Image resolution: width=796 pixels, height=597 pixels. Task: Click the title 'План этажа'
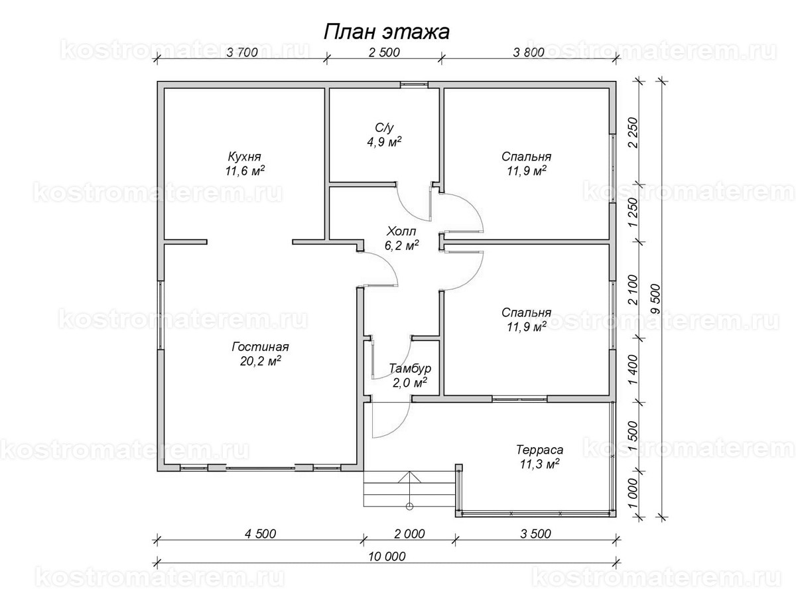click(x=386, y=33)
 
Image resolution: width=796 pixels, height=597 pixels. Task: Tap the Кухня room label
click(x=244, y=157)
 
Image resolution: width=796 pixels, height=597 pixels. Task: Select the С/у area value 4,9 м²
click(x=384, y=141)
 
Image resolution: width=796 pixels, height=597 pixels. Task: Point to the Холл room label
click(x=401, y=231)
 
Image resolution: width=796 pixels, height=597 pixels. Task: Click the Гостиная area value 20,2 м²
click(x=261, y=361)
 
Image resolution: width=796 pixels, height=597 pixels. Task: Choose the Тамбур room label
click(x=410, y=368)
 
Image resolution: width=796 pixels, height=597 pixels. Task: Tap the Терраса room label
click(x=539, y=450)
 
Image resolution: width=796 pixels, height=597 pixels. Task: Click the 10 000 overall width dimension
click(x=387, y=557)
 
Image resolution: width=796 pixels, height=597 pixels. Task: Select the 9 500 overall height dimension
click(x=655, y=299)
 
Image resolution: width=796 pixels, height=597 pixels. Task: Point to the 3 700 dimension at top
click(x=242, y=52)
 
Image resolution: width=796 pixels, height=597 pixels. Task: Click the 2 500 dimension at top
click(x=384, y=52)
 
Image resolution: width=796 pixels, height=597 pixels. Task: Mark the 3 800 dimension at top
click(x=529, y=52)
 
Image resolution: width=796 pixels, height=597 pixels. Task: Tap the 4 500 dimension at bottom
click(x=260, y=534)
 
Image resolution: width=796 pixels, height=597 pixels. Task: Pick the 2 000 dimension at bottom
click(x=409, y=534)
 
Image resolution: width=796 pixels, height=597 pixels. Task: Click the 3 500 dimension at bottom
click(x=535, y=534)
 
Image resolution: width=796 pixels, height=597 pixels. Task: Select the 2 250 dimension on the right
click(x=632, y=132)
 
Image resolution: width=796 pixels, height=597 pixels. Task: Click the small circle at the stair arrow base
click(x=410, y=507)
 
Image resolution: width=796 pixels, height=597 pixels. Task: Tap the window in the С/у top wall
click(x=414, y=84)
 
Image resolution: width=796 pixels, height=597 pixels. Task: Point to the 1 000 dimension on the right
click(x=632, y=494)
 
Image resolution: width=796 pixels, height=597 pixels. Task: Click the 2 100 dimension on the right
click(x=632, y=290)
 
